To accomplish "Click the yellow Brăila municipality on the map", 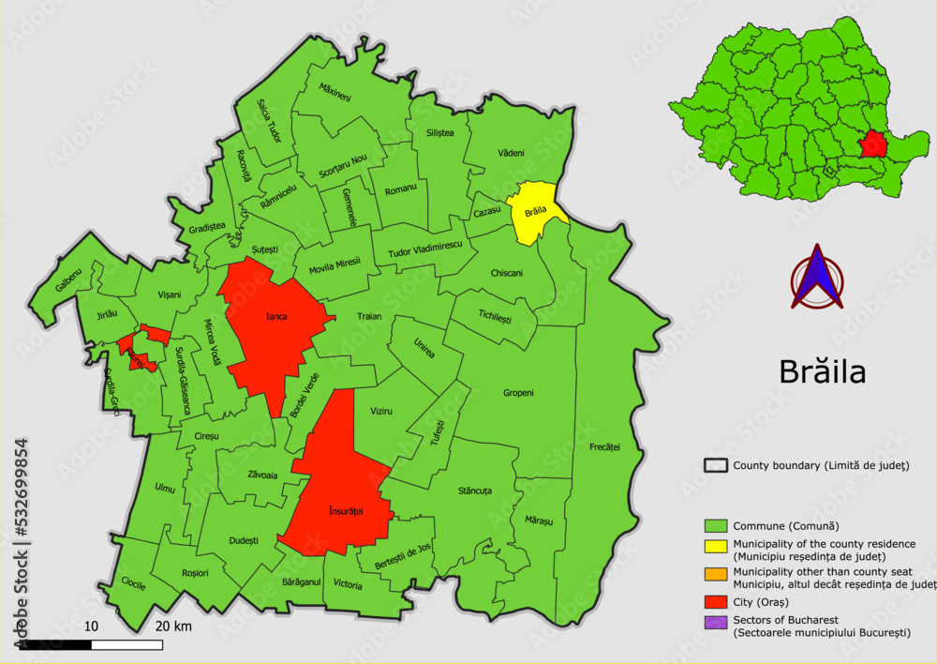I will click(x=534, y=214).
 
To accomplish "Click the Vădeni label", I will click(x=511, y=153).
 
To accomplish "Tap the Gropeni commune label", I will click(x=518, y=393).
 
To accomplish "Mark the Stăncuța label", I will click(x=475, y=490).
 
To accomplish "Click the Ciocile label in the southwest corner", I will click(x=134, y=583).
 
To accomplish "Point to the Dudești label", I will click(x=243, y=540).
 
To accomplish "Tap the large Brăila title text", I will click(x=822, y=372).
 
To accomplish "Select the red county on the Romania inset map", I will click(x=874, y=143).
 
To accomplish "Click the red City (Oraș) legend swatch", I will click(x=716, y=601).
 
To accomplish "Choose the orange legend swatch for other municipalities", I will click(x=716, y=572).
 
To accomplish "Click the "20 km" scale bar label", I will click(x=173, y=626).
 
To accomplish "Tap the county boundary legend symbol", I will click(x=716, y=465).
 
